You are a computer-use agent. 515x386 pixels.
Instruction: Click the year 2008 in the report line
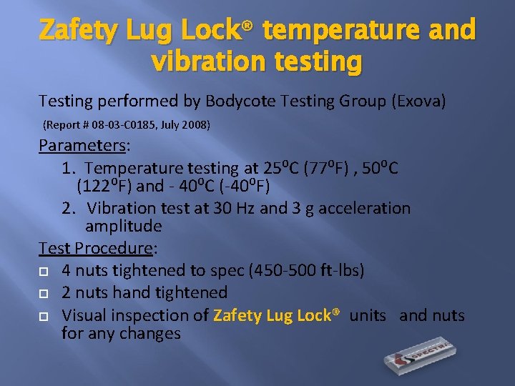(x=195, y=125)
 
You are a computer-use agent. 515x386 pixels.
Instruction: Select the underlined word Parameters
(x=81, y=146)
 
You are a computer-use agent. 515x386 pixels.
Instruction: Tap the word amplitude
(x=124, y=227)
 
